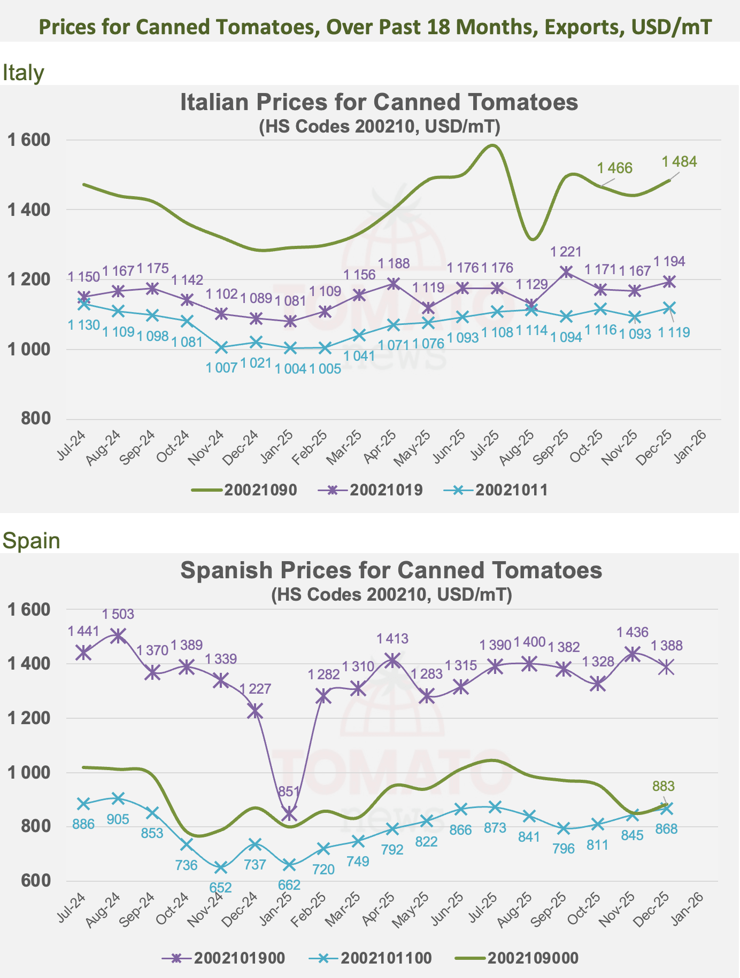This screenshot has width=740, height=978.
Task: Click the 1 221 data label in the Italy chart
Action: click(x=566, y=252)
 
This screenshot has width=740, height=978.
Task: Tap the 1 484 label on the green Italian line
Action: click(x=679, y=161)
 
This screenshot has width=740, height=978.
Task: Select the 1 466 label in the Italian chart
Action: click(x=615, y=168)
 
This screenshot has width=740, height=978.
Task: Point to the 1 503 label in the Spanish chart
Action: click(x=118, y=615)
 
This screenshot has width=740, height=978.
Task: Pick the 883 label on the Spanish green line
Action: click(x=664, y=786)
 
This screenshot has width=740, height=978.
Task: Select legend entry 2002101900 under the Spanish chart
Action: click(x=223, y=958)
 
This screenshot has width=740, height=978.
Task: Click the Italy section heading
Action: click(x=23, y=73)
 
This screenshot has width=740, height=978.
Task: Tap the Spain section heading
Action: click(x=31, y=541)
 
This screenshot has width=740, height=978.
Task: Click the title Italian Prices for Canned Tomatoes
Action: click(x=379, y=102)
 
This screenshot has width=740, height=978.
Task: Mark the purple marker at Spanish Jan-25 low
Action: click(x=289, y=814)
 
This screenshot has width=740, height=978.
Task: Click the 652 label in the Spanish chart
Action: click(x=220, y=887)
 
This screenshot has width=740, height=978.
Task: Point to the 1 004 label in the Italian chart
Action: click(x=290, y=368)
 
